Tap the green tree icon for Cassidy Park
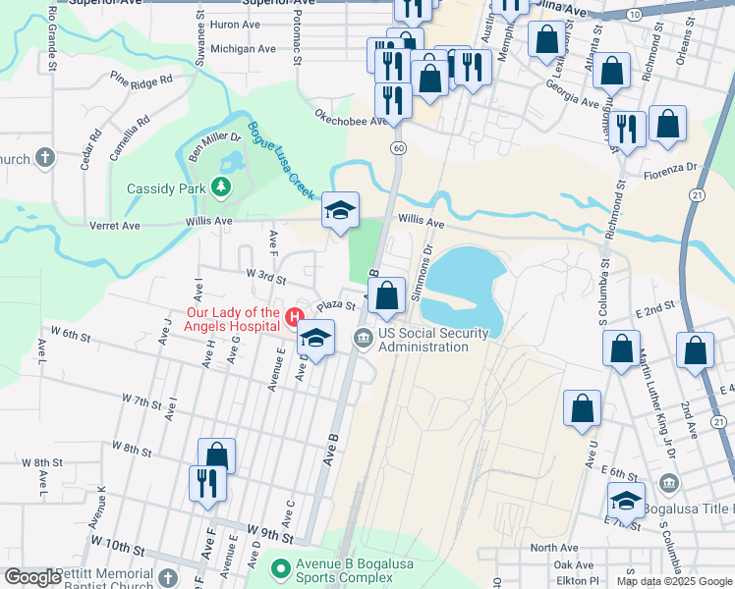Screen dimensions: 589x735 [222, 187]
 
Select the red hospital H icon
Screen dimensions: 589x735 [294, 315]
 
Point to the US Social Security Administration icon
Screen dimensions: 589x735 [364, 339]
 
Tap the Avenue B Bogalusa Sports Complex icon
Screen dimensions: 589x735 [281, 568]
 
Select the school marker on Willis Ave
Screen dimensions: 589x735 [340, 210]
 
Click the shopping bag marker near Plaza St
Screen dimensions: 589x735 [387, 295]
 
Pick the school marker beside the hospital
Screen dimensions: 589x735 [315, 339]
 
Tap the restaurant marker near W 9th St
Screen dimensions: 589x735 [207, 483]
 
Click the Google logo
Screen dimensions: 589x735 [31, 577]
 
